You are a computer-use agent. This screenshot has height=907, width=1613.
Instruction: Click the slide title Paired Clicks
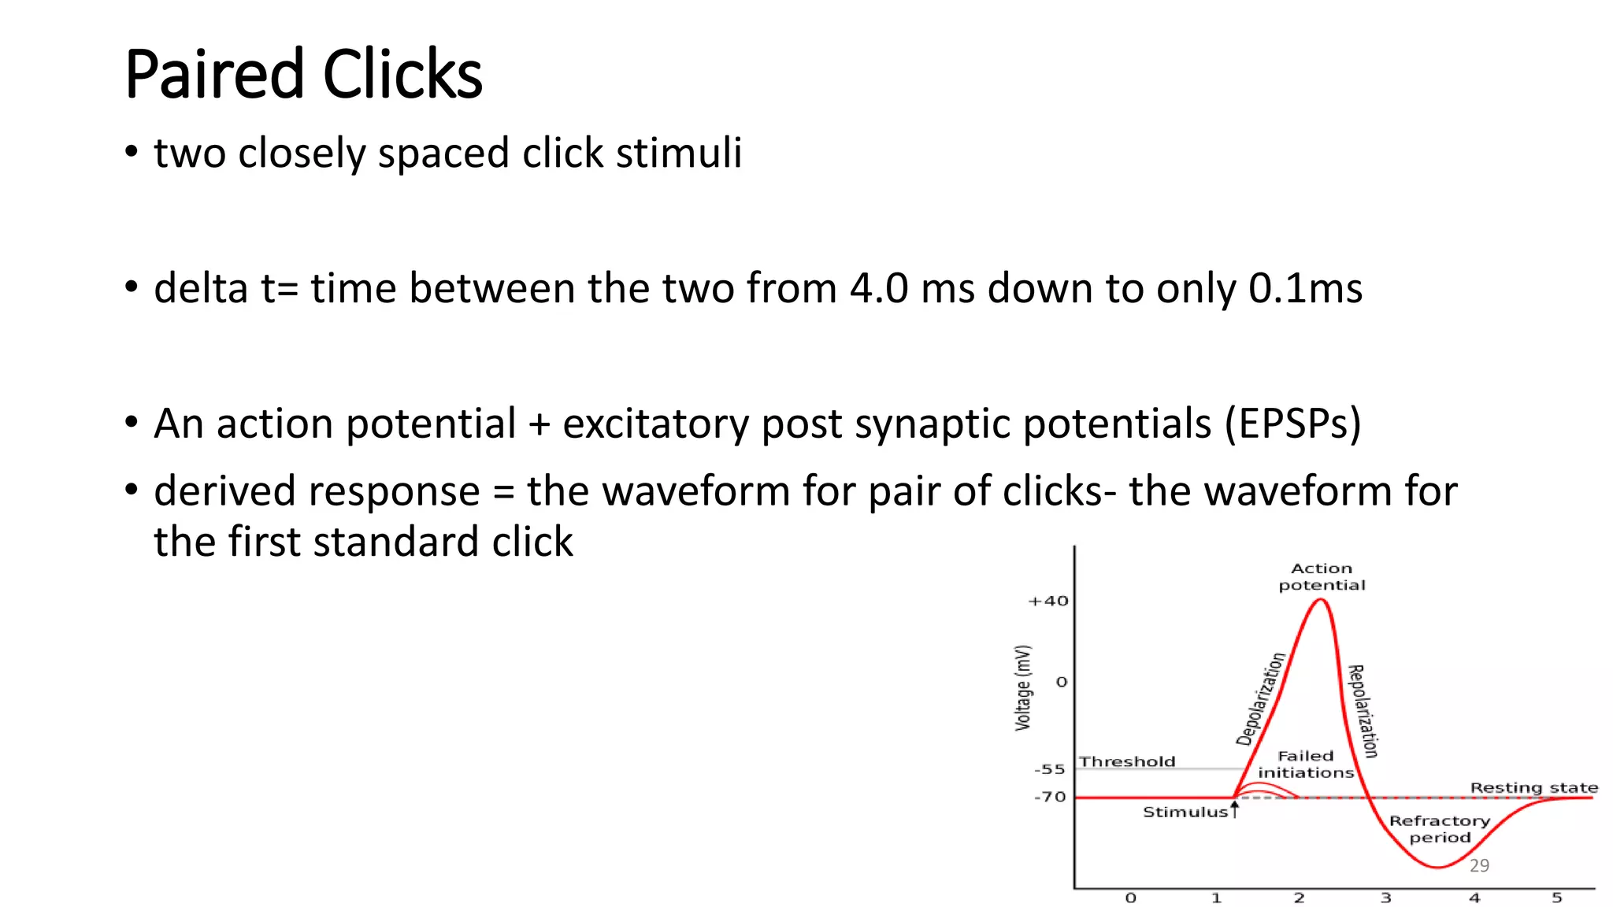pyautogui.click(x=303, y=74)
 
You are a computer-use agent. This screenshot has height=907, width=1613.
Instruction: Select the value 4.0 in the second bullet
pyautogui.click(x=879, y=288)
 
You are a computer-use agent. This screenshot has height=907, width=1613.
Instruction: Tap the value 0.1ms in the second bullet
pyautogui.click(x=1305, y=288)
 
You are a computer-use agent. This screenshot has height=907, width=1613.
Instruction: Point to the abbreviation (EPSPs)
pyautogui.click(x=1292, y=424)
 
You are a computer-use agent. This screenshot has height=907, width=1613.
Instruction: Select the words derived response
pyautogui.click(x=317, y=491)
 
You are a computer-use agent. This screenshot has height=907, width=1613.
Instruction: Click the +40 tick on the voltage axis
pyautogui.click(x=1048, y=602)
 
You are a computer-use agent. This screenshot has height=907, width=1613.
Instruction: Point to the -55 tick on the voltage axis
pyautogui.click(x=1050, y=769)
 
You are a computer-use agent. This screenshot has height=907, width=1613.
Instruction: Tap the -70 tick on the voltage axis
pyautogui.click(x=1050, y=797)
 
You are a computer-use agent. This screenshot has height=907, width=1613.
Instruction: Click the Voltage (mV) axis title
pyautogui.click(x=1022, y=688)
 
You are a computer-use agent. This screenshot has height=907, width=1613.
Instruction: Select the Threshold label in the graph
pyautogui.click(x=1127, y=761)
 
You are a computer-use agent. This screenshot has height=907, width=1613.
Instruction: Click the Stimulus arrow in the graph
pyautogui.click(x=1235, y=809)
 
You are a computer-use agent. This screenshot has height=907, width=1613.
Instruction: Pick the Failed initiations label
pyautogui.click(x=1306, y=764)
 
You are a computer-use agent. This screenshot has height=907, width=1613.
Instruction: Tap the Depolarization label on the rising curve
pyautogui.click(x=1260, y=699)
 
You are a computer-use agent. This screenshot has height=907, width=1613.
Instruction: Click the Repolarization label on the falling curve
pyautogui.click(x=1363, y=711)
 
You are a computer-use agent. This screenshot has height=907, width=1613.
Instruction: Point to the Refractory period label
pyautogui.click(x=1440, y=829)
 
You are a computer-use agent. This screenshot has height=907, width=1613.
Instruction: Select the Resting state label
pyautogui.click(x=1533, y=787)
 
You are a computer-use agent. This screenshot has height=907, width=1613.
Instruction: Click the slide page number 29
pyautogui.click(x=1479, y=865)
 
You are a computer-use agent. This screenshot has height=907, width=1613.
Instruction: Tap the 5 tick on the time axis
pyautogui.click(x=1556, y=898)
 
